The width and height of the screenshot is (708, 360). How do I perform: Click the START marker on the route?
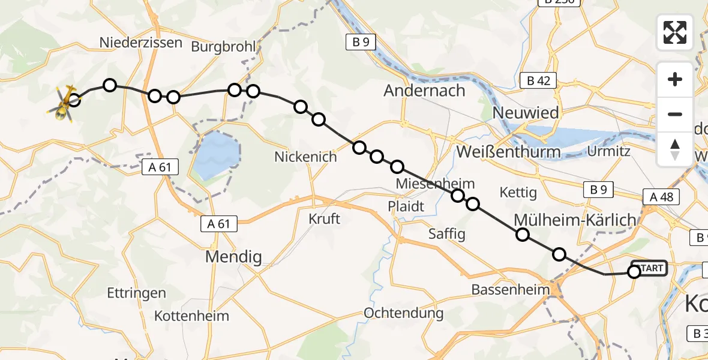649,268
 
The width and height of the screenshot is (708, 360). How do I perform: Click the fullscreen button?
675,32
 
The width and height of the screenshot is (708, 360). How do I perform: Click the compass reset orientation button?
675,149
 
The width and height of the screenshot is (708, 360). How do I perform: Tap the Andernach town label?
424,91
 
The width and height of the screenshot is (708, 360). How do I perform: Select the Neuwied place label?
525,112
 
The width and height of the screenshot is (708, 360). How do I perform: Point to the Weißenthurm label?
508,152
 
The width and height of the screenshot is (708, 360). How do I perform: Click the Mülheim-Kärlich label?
574,220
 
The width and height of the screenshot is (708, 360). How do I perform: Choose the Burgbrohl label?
223,46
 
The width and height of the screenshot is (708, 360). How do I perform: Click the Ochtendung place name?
404,313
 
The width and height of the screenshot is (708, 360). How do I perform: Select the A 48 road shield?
661,196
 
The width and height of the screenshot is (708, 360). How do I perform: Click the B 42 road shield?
538,80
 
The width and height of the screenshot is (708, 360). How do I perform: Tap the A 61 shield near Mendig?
219,224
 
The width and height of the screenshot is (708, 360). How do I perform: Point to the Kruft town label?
324,218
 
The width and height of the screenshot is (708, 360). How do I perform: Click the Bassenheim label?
510,290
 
